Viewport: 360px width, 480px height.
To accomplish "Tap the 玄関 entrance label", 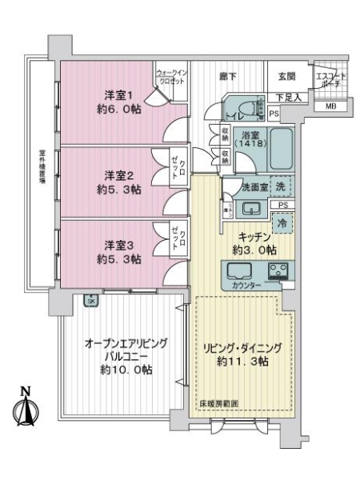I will coord(287,77).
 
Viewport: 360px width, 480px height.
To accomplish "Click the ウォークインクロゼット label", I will coord(171,77).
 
